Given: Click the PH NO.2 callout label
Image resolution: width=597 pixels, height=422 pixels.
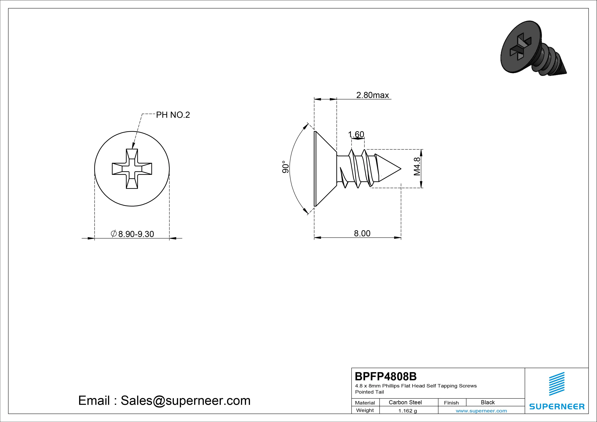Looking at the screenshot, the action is [173, 115].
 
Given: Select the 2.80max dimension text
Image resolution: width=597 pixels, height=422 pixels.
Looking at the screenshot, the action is [372, 95].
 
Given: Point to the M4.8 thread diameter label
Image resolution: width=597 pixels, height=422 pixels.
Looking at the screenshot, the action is [417, 167].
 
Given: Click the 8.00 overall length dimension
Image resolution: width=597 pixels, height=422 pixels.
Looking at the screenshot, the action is [362, 233].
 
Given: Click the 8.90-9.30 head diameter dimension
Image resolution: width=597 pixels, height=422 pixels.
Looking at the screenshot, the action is [132, 234].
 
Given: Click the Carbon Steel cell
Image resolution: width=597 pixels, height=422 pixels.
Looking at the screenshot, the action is [405, 402].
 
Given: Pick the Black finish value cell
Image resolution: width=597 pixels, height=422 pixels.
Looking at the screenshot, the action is [488, 402].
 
